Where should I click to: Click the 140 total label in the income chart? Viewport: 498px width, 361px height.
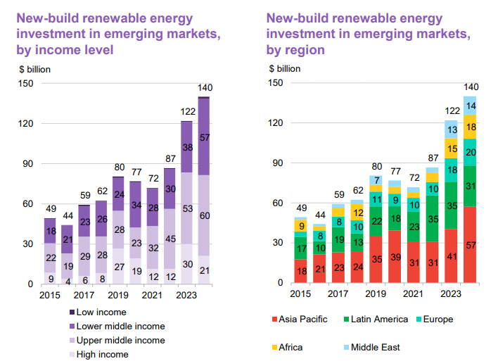(x=205, y=88)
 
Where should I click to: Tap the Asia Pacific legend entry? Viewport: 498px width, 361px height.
(x=305, y=319)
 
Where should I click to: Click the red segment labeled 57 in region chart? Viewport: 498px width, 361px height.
(x=470, y=245)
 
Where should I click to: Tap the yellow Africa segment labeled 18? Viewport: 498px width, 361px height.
(x=470, y=127)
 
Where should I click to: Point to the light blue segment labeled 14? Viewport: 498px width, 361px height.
(x=470, y=106)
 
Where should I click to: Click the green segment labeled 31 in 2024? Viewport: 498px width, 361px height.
(x=470, y=186)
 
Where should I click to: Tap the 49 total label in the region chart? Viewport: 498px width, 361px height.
(x=301, y=208)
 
